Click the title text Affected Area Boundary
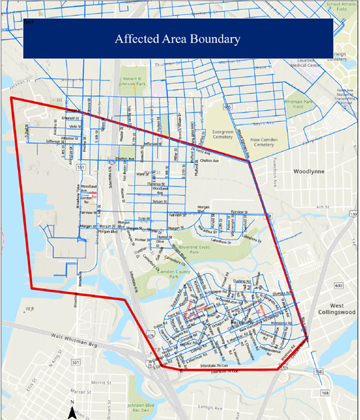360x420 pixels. (177, 39)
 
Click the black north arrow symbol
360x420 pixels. (72, 411)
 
